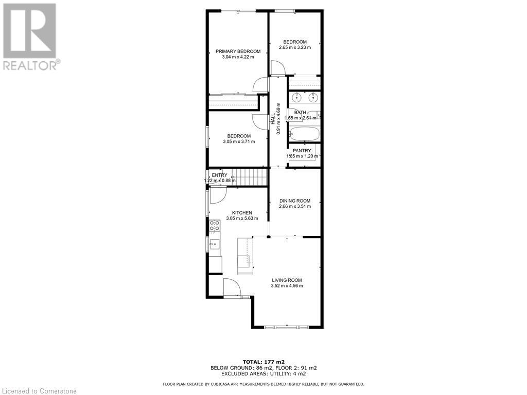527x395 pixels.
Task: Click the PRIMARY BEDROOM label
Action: click(x=238, y=51)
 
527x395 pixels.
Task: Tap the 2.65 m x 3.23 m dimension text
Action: click(x=294, y=47)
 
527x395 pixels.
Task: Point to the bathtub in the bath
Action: click(x=304, y=134)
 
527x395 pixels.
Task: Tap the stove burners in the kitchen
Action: click(x=214, y=225)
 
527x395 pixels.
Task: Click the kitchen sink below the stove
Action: click(x=214, y=243)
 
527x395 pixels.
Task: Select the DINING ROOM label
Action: click(x=295, y=201)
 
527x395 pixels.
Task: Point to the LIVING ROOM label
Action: click(x=287, y=280)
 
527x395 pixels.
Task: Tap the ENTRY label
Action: click(x=219, y=175)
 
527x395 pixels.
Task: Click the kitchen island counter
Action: click(x=245, y=256)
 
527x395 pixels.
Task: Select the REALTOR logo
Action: click(x=30, y=36)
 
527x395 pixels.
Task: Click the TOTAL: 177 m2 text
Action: click(x=263, y=362)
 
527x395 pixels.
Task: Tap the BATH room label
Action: click(x=300, y=113)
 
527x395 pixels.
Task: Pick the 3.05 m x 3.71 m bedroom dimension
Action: click(x=239, y=142)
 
